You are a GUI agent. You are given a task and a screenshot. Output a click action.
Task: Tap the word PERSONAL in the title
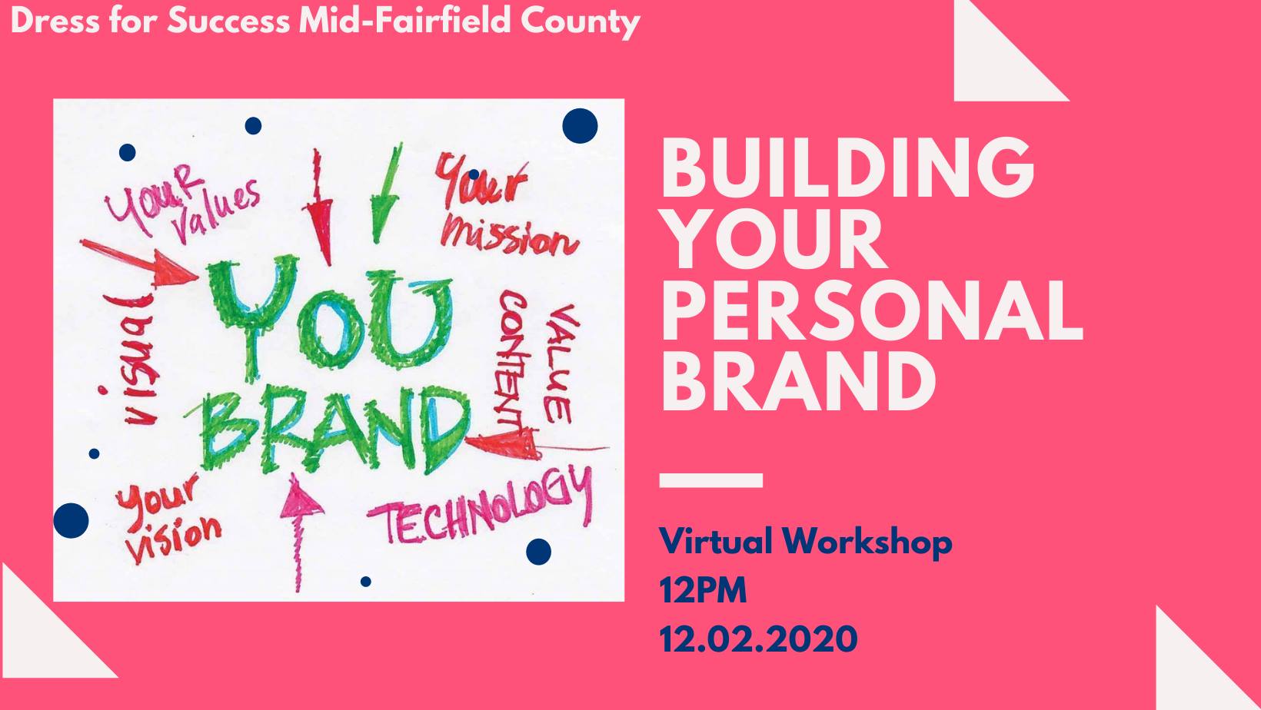[x=871, y=310]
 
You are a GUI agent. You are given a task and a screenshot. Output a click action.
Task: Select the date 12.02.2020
[x=758, y=639]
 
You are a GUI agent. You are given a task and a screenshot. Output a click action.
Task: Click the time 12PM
[x=703, y=591]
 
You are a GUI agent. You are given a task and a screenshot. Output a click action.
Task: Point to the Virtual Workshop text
[x=806, y=542]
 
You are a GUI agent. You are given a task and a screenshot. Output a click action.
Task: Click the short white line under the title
[x=711, y=480]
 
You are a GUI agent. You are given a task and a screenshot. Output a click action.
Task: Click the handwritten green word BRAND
[x=332, y=430]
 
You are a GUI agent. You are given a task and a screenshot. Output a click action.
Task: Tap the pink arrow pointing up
[x=300, y=532]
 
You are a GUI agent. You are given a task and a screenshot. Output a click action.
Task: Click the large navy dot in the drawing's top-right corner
[x=580, y=126]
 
